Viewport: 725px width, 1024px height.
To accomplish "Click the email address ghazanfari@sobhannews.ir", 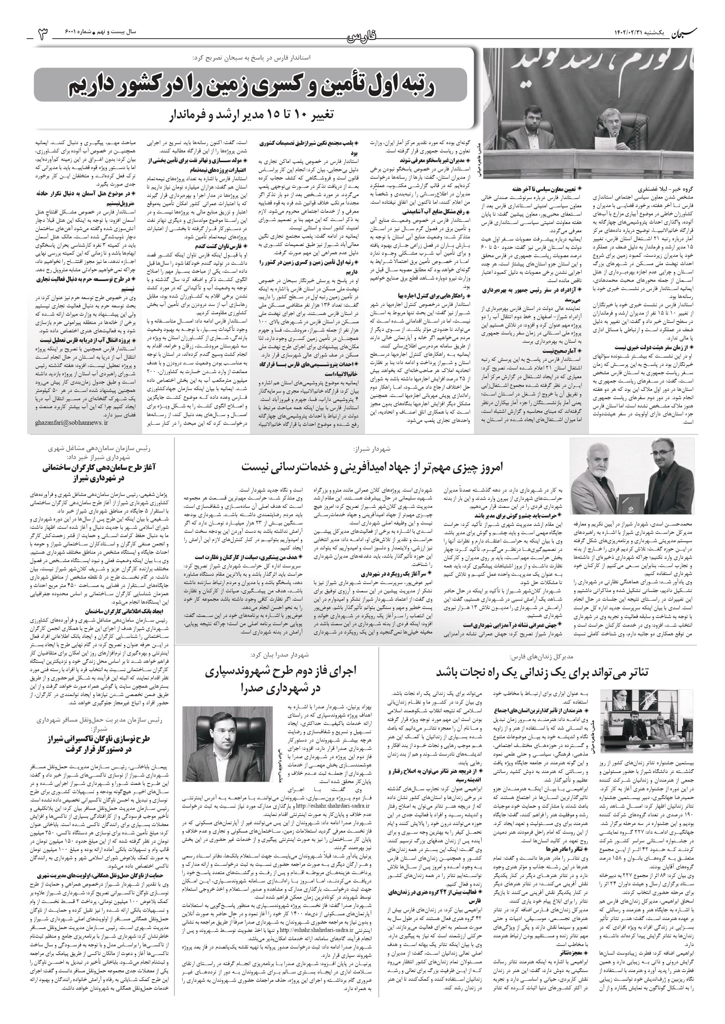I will (71, 422).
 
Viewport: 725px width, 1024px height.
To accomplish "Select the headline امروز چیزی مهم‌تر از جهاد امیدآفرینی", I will (372, 467).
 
